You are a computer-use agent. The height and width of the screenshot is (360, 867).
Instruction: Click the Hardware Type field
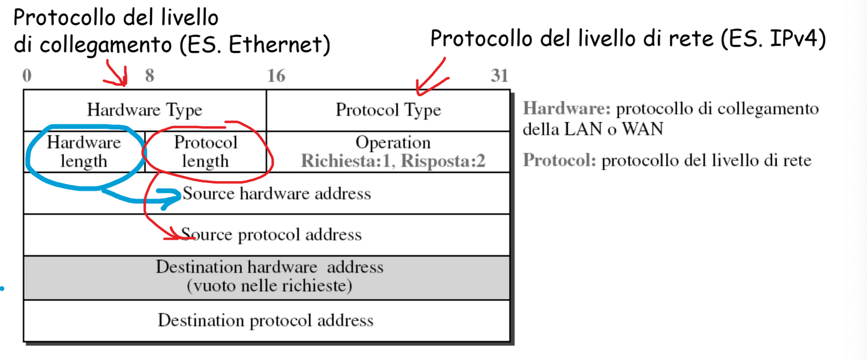[145, 111]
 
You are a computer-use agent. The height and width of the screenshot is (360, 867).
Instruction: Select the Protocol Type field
[388, 111]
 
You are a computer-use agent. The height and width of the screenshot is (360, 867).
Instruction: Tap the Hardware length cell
[84, 152]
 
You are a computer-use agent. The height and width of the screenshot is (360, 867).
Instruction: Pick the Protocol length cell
[205, 152]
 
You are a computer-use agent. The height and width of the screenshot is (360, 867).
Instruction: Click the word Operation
[393, 142]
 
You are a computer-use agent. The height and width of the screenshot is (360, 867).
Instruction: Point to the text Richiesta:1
[348, 161]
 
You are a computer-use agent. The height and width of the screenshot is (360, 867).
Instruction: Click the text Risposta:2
[443, 161]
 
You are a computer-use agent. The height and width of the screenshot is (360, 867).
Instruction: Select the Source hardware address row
[267, 193]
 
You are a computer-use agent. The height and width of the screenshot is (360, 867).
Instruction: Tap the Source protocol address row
[267, 234]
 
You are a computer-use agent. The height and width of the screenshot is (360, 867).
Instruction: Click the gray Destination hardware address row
[267, 278]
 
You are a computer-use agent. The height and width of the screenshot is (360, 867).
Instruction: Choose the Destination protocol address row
[267, 321]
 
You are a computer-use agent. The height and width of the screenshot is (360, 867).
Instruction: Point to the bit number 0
[27, 75]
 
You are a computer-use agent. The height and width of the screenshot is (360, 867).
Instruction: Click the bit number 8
[150, 75]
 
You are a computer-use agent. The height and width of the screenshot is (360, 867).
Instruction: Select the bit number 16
[276, 75]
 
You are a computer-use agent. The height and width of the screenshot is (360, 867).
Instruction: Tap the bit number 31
[499, 75]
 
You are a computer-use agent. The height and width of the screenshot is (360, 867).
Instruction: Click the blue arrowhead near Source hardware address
[172, 198]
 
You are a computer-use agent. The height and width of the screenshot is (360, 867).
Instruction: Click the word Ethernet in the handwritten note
[274, 45]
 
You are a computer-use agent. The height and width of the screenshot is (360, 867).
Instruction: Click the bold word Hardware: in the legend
[567, 109]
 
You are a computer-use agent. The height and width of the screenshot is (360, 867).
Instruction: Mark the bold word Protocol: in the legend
[560, 160]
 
